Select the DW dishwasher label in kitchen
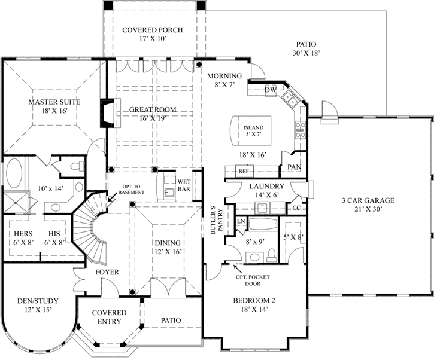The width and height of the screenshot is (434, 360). click(270, 90)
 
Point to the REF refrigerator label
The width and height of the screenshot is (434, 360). click(244, 172)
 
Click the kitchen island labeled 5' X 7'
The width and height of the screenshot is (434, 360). click(251, 130)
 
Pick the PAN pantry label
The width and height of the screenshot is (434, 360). click(295, 167)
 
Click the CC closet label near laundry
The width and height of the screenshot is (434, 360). click(296, 208)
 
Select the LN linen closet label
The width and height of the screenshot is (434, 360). click(241, 221)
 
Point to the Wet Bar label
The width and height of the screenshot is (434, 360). click(184, 185)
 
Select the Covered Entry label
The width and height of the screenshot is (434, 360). click(110, 317)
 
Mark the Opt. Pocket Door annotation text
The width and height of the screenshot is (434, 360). click(253, 280)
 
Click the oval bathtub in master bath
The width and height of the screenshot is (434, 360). click(14, 173)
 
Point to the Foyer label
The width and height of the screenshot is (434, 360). click(107, 272)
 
